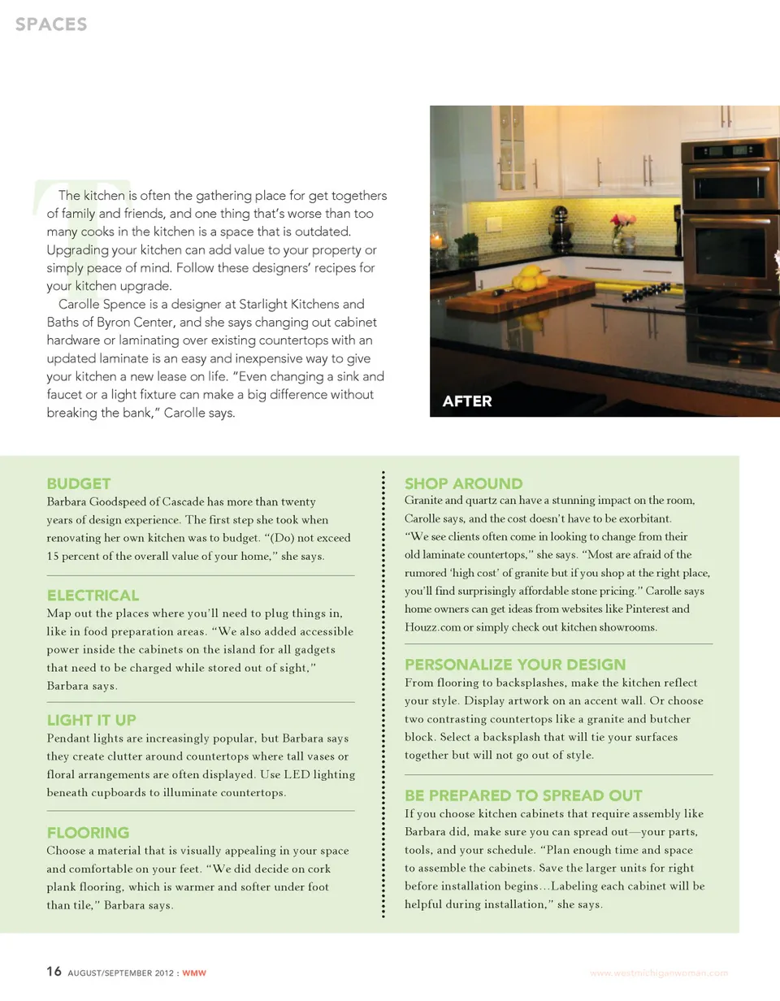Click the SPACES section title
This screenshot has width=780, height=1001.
coord(50,24)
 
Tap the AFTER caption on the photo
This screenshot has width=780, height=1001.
coord(467,401)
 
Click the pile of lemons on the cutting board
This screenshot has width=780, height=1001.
coord(529,277)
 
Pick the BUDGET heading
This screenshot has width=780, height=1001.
coord(79,484)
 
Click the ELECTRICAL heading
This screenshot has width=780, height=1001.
coord(93,596)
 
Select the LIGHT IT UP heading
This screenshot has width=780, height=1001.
coord(91,720)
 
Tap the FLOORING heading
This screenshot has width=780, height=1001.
coord(88,833)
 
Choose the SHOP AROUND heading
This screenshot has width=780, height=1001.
coord(463,484)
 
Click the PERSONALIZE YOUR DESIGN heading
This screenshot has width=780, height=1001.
coord(515,665)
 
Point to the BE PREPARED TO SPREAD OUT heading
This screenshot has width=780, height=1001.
coord(523,795)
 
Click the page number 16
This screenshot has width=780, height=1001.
coord(54,972)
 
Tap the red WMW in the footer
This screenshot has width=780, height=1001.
coord(194,973)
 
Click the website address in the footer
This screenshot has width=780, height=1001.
coord(658,973)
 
